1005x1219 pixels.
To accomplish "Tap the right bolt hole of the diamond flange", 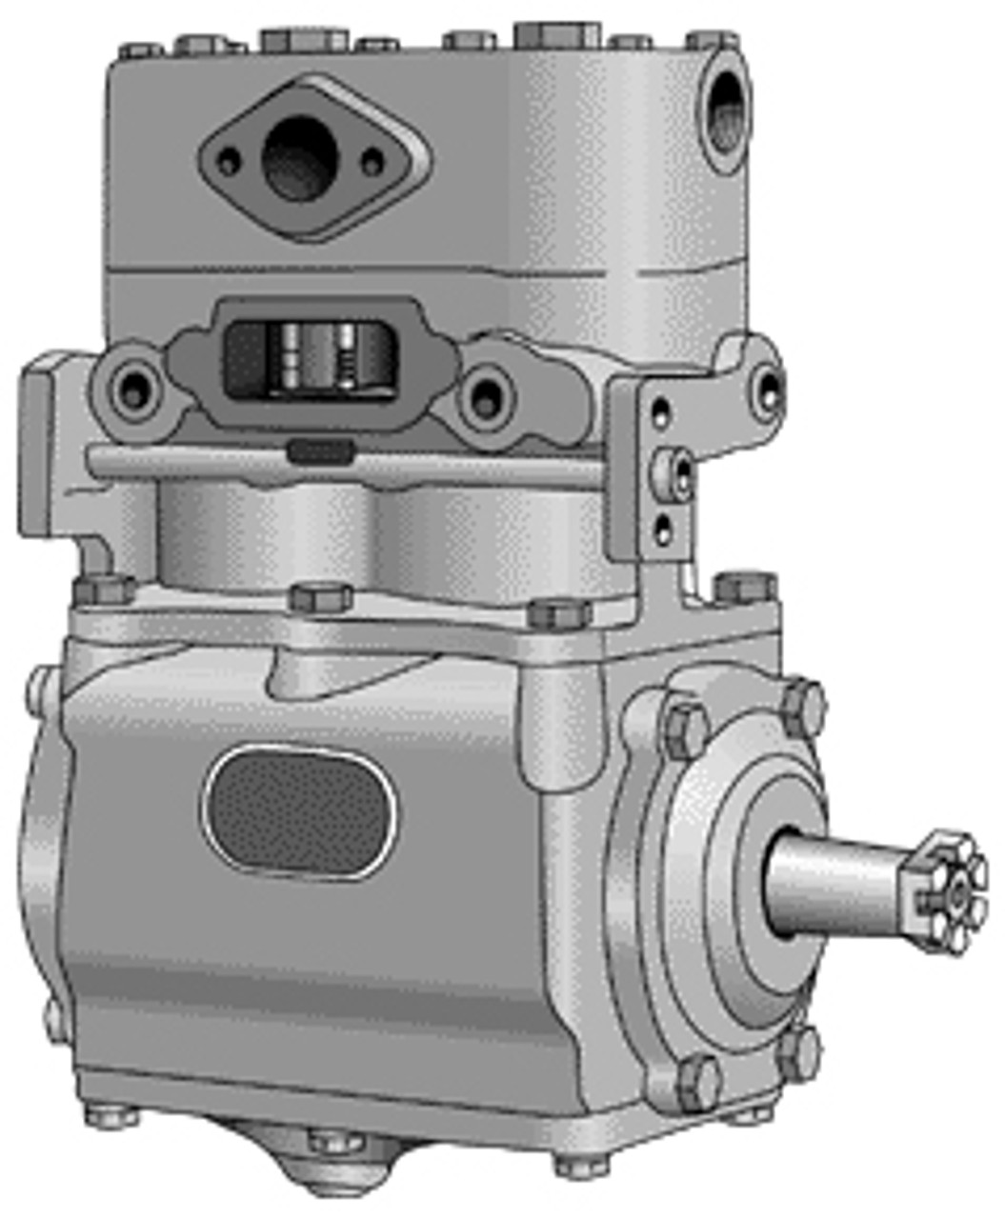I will (x=372, y=160).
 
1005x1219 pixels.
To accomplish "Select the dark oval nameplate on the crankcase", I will (x=299, y=812).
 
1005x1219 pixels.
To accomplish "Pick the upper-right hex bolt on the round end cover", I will (x=802, y=706).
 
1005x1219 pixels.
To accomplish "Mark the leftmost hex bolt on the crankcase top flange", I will (x=104, y=590).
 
